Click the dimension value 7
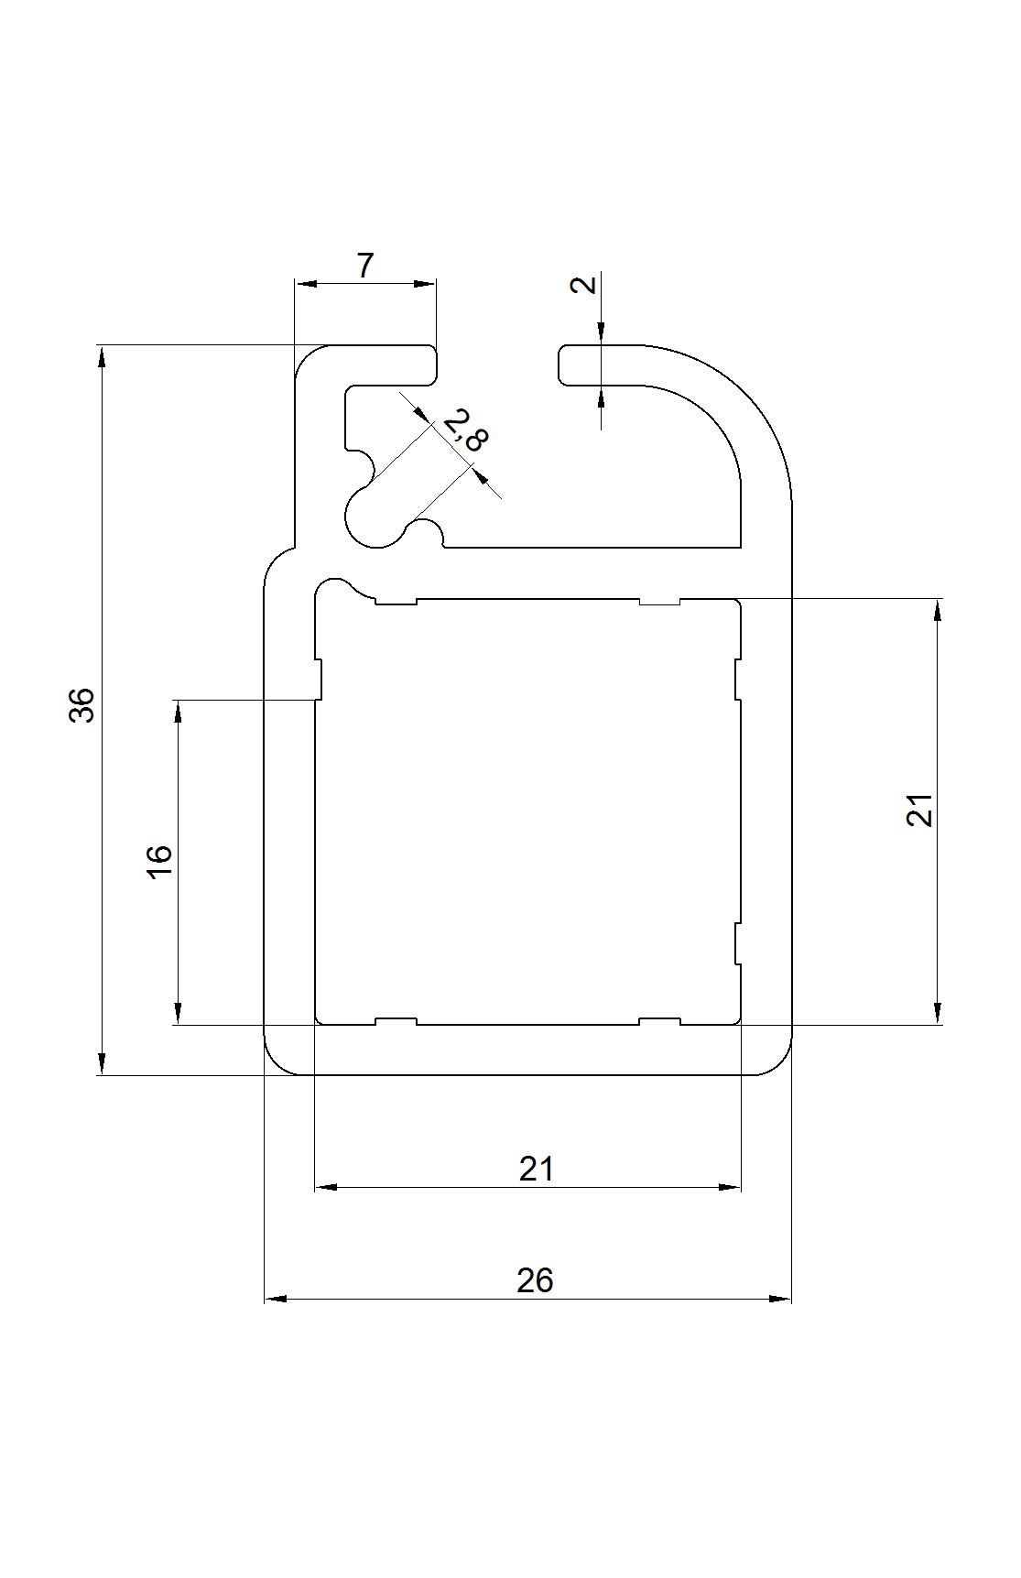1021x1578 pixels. click(x=365, y=267)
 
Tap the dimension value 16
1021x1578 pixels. click(x=159, y=861)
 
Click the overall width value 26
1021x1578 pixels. click(x=535, y=1279)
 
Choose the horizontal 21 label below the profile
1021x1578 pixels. click(x=537, y=1169)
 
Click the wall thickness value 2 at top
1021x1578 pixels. click(x=583, y=284)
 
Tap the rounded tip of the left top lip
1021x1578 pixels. click(x=432, y=365)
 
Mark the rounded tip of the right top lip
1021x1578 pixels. click(x=562, y=365)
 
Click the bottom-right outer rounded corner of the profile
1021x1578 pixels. click(x=779, y=1062)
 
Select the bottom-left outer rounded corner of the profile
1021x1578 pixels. click(x=277, y=1062)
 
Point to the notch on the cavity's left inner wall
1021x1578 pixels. click(x=319, y=680)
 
